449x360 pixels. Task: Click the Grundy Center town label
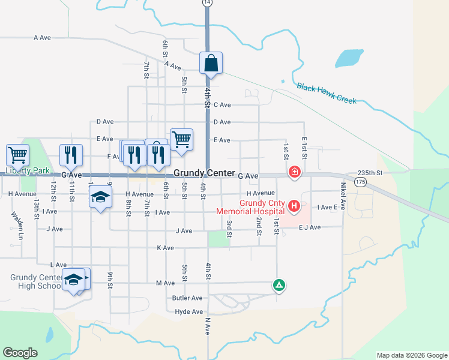[204, 173]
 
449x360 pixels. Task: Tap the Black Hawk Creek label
[327, 93]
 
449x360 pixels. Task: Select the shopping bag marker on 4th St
[211, 63]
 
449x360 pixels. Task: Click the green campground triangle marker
[279, 285]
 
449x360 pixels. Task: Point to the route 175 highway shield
[360, 182]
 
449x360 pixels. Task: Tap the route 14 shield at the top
[207, 3]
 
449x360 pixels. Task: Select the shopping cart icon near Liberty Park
[17, 155]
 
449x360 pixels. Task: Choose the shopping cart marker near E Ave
[181, 140]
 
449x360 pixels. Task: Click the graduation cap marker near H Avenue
[101, 197]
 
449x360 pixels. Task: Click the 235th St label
[369, 172]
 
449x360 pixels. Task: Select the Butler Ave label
[187, 298]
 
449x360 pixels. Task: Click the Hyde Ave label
[189, 312]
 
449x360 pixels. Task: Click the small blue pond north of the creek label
[349, 59]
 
